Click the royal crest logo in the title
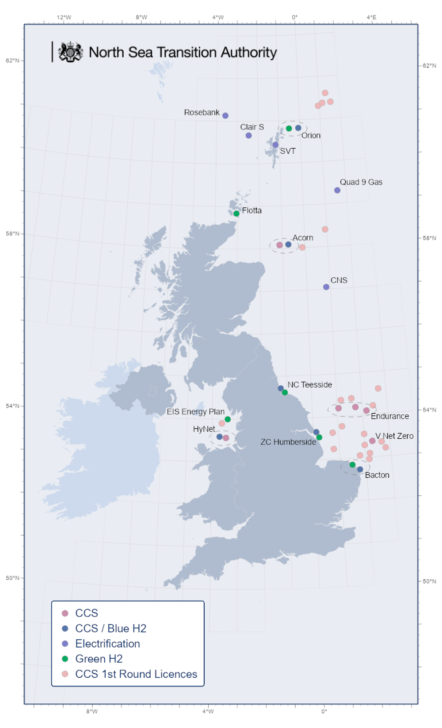point(70,52)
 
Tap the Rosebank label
point(202,113)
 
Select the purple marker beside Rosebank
point(225,116)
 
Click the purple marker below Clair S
point(249,136)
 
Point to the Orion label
point(311,136)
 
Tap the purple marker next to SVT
point(275,145)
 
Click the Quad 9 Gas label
point(361,182)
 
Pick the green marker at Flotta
point(236,214)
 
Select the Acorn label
point(303,238)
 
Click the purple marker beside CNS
point(326,287)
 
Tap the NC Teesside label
point(309,385)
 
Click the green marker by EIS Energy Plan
point(228,419)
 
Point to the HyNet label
point(204,429)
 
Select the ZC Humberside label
point(288,442)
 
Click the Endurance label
point(390,416)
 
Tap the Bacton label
point(377,475)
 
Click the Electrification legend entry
point(107,644)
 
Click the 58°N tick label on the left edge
point(12,234)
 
